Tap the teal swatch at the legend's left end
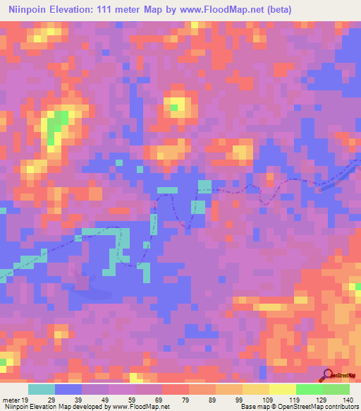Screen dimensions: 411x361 tap(42, 390)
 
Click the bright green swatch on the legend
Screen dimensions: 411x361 tap(310, 390)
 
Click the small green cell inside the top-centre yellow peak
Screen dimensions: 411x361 tap(173, 107)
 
